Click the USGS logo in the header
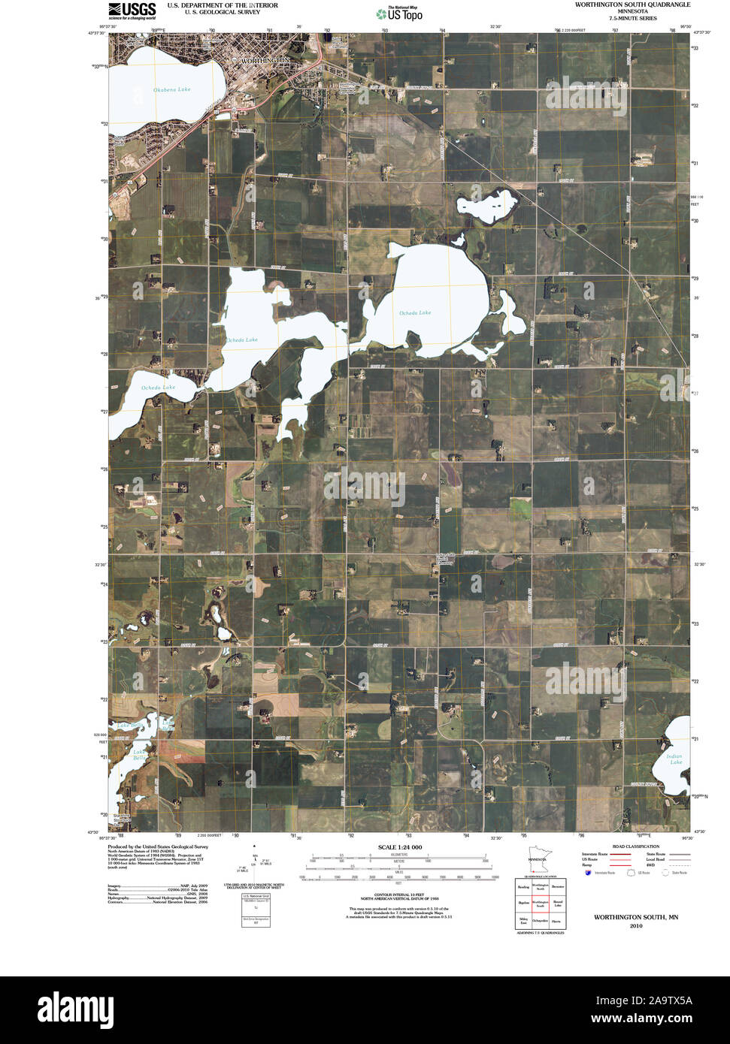(132, 11)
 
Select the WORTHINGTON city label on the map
(263, 59)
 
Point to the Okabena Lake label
(172, 89)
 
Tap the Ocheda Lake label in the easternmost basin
(414, 312)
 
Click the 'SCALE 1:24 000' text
(398, 847)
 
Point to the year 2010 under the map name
(636, 926)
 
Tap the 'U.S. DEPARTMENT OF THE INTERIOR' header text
(222, 5)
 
